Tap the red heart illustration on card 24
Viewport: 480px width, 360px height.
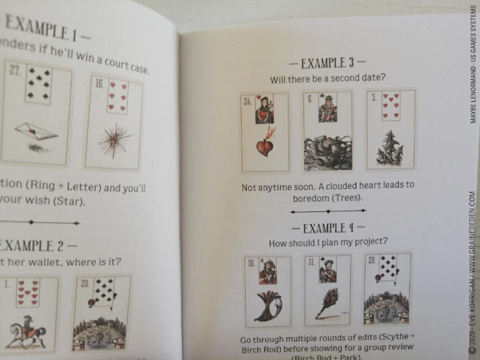[265, 147]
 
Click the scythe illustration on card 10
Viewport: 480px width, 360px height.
[267, 305]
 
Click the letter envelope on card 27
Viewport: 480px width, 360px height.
[36, 131]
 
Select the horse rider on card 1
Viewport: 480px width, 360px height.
[27, 331]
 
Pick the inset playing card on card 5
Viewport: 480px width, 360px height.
[391, 105]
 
